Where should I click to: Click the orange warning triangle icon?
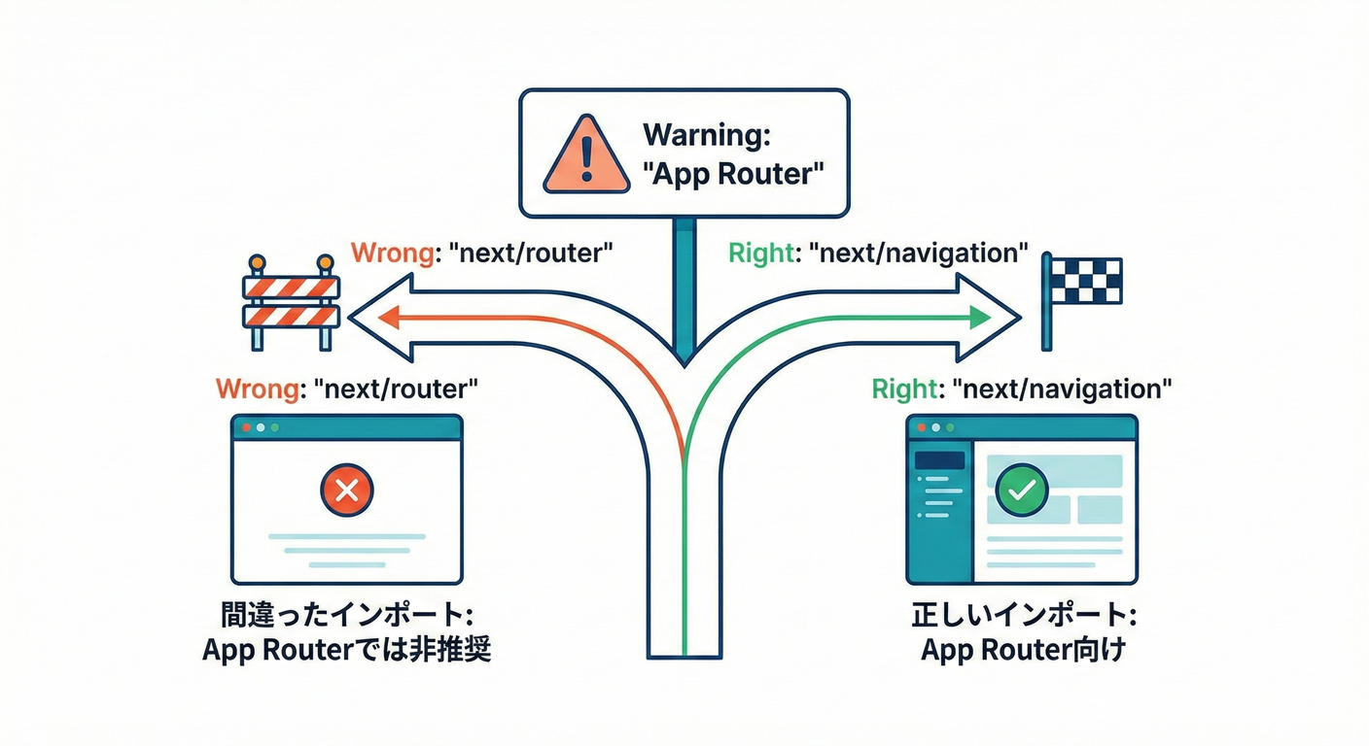(x=584, y=154)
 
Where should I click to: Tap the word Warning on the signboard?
(x=707, y=135)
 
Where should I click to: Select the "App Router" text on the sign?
(x=734, y=176)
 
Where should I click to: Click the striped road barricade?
(x=291, y=301)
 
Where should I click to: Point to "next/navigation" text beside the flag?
(x=924, y=254)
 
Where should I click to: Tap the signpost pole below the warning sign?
(x=684, y=282)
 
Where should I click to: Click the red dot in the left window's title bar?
(x=246, y=427)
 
